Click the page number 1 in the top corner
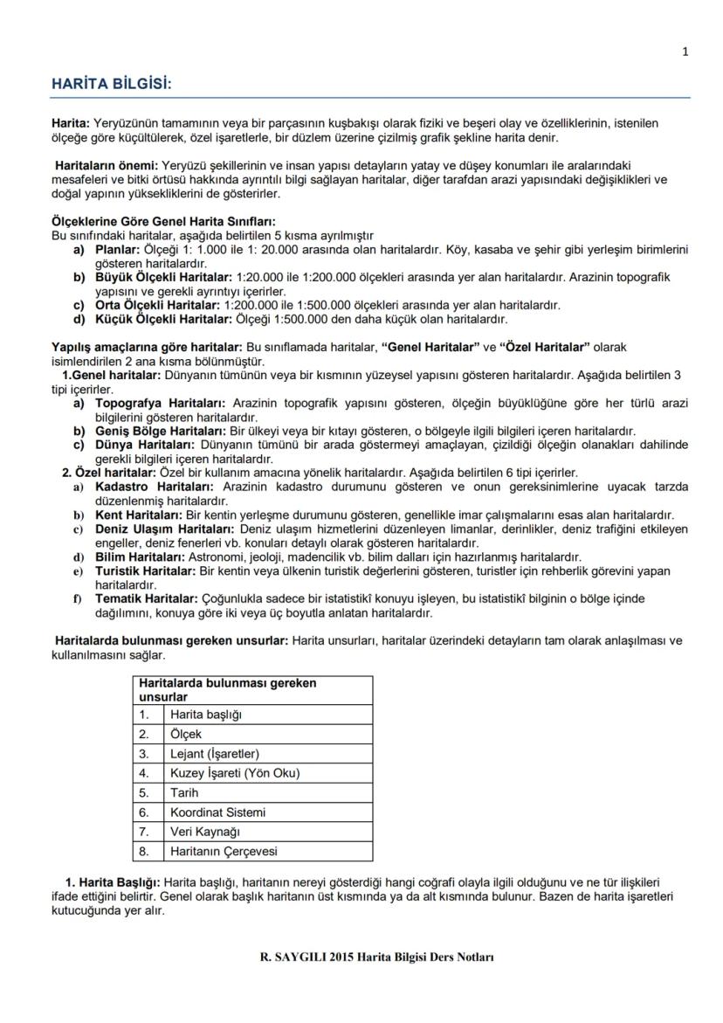(x=685, y=52)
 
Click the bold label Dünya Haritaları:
(x=144, y=445)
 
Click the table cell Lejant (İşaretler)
(x=215, y=754)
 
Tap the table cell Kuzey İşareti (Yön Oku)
(x=235, y=773)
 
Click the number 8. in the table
(x=144, y=851)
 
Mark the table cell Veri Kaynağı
(x=205, y=832)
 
